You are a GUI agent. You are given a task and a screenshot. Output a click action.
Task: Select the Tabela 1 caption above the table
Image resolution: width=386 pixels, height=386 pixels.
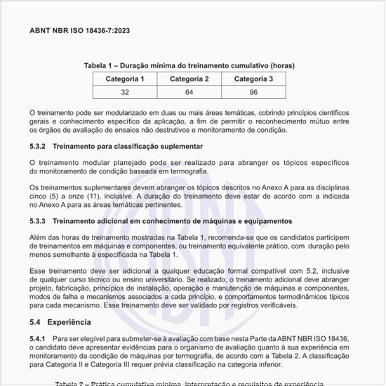click(x=189, y=66)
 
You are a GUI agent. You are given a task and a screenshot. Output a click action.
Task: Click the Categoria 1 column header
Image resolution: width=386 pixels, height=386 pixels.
click(x=125, y=79)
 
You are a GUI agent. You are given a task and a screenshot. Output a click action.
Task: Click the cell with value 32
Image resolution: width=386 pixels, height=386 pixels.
click(x=125, y=93)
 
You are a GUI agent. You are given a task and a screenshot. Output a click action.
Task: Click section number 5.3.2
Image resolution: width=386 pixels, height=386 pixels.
click(x=39, y=146)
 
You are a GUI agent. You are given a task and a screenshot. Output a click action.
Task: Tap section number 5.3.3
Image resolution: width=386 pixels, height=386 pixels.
click(x=39, y=222)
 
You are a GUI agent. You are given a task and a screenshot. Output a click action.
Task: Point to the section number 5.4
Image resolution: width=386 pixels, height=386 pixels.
click(x=35, y=322)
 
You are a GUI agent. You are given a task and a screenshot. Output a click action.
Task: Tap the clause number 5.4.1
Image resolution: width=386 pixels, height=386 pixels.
click(x=39, y=339)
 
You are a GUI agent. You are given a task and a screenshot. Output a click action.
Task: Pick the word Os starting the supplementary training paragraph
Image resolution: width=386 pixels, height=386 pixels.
click(x=34, y=187)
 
